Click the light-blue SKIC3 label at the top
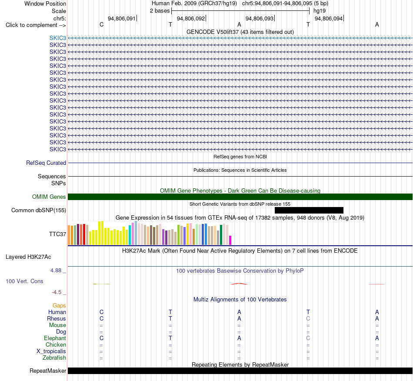click(x=58, y=38)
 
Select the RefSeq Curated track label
click(x=46, y=163)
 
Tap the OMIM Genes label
click(x=49, y=197)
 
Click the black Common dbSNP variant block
click(x=309, y=210)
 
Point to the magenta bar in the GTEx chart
click(x=230, y=240)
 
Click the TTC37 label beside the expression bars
click(x=57, y=234)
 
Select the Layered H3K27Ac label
click(x=28, y=257)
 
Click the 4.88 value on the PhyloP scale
click(x=56, y=271)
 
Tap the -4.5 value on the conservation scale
click(x=57, y=292)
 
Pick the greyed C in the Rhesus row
click(x=308, y=318)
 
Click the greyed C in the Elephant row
click(x=308, y=338)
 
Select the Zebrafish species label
click(x=54, y=358)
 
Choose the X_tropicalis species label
click(x=51, y=351)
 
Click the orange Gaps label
click(x=59, y=305)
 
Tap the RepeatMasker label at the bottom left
click(x=48, y=371)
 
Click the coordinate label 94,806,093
click(x=260, y=18)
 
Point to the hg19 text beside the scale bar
click(x=320, y=11)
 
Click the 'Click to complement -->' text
click(x=36, y=25)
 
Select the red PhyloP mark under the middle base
click(x=239, y=284)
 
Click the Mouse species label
click(x=57, y=325)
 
